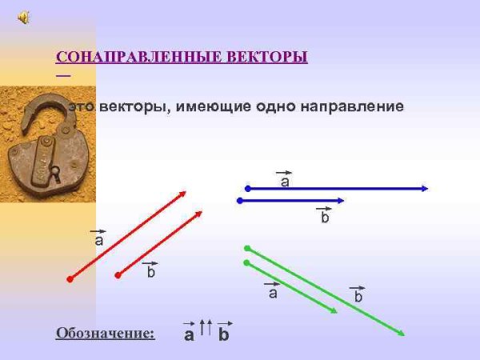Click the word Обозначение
pyautogui.click(x=105, y=333)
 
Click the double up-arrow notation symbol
pyautogui.click(x=206, y=327)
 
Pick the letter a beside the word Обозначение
pyautogui.click(x=189, y=334)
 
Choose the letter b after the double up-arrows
pyautogui.click(x=224, y=334)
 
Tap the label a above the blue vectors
pyautogui.click(x=284, y=182)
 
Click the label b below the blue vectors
pyautogui.click(x=325, y=217)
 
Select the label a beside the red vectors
pyautogui.click(x=98, y=239)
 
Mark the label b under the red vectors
pyautogui.click(x=150, y=272)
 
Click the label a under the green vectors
pyautogui.click(x=273, y=293)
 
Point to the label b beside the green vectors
pyautogui.click(x=358, y=296)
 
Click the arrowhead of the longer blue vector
pyautogui.click(x=425, y=189)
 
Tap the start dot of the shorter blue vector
pyautogui.click(x=239, y=201)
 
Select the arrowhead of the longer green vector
pyautogui.click(x=400, y=333)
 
